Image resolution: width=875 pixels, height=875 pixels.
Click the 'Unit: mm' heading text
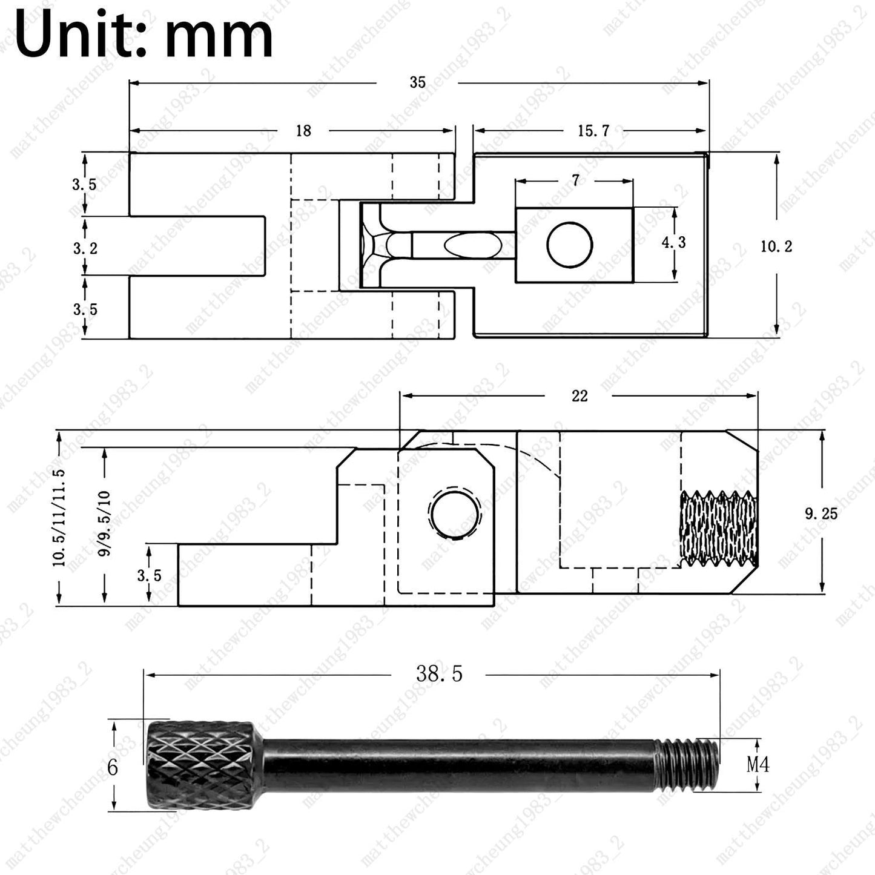(x=144, y=33)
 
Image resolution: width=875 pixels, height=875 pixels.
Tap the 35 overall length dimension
(x=417, y=82)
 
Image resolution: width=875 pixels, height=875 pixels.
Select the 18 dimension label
(x=303, y=131)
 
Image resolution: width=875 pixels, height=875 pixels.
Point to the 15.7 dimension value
(x=593, y=131)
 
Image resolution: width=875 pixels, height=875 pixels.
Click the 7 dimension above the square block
(x=575, y=180)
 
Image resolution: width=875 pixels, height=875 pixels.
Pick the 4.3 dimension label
(x=673, y=242)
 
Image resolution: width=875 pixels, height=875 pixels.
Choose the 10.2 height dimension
(x=776, y=246)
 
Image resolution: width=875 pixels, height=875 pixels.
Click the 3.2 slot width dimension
(x=85, y=248)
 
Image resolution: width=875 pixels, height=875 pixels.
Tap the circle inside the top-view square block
(x=570, y=244)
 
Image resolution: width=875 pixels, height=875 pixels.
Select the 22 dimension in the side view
(x=579, y=396)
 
